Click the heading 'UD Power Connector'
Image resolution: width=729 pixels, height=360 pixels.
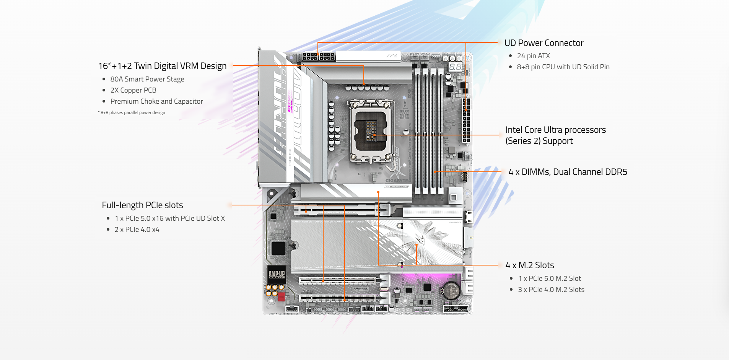coord(543,43)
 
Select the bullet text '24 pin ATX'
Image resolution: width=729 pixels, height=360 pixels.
coord(533,56)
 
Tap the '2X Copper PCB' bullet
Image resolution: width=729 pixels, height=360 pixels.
coord(133,90)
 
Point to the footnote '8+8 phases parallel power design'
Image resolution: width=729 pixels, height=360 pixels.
coord(132,112)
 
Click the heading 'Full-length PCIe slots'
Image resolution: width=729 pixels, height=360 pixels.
coord(142,205)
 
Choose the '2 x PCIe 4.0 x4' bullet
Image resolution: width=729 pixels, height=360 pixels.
coord(137,230)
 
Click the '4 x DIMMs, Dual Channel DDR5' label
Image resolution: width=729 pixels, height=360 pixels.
coord(568,172)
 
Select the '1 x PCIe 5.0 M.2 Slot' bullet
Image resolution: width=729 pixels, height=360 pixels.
coord(549,279)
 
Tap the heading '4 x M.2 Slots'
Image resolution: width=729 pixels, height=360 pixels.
coord(529,265)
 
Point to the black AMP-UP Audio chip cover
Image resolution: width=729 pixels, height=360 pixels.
coord(277,274)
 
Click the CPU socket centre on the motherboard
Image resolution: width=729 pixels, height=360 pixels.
coord(371,131)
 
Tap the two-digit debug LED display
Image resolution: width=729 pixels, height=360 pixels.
coord(455,67)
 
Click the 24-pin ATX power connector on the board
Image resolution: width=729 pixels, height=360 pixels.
coord(466,120)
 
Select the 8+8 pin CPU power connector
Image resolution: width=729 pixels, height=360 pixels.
coord(319,57)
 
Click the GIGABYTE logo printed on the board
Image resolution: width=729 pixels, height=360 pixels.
coord(396,181)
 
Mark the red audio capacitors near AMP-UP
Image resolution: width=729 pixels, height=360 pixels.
coord(281,296)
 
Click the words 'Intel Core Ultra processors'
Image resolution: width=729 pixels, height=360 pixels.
coord(555,130)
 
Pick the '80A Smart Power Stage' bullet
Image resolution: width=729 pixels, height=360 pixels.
coord(147,79)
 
